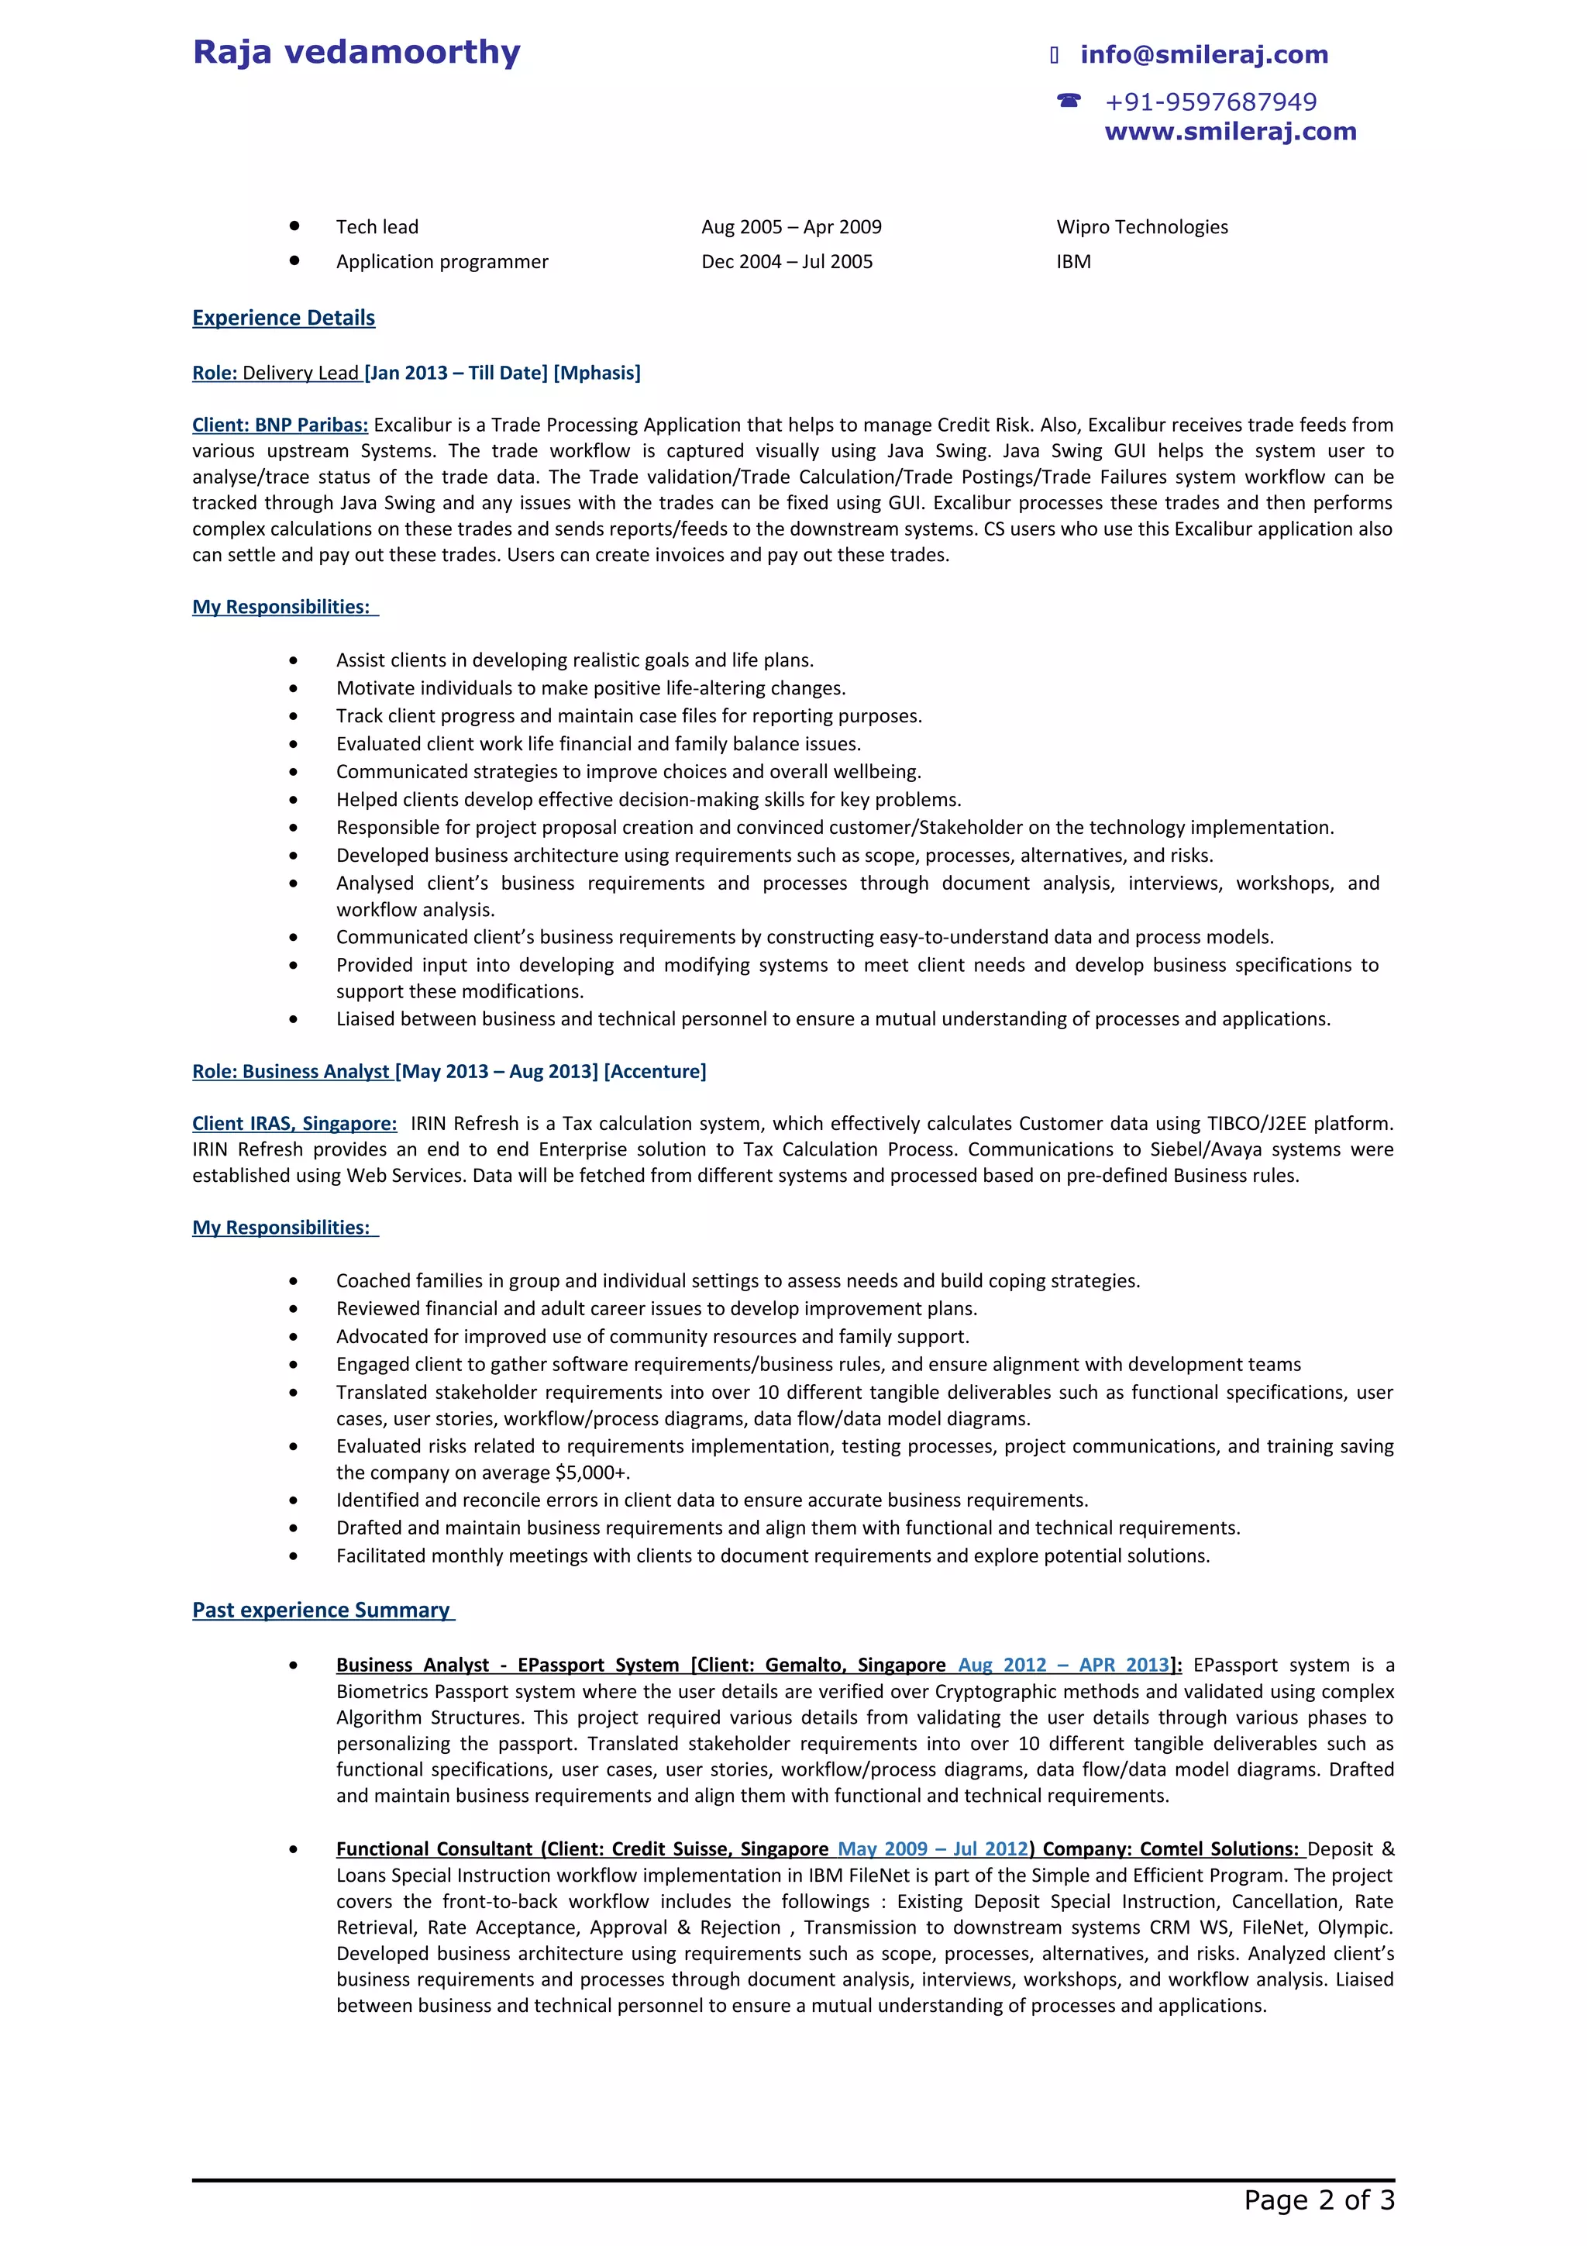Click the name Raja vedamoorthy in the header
point(356,52)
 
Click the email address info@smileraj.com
point(1203,55)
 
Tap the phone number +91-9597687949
point(1210,102)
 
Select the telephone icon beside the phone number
point(1069,101)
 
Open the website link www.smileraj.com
point(1230,131)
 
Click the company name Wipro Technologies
point(1141,227)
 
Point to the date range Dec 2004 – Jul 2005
point(787,261)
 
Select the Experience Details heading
point(284,318)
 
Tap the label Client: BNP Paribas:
point(280,425)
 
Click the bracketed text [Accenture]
point(654,1071)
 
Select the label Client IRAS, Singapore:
point(294,1123)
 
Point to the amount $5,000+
point(590,1473)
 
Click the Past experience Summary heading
point(322,1610)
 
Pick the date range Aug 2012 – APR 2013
point(1063,1665)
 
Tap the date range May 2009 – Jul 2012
point(932,1849)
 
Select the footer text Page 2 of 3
point(1318,2200)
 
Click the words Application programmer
point(442,261)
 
